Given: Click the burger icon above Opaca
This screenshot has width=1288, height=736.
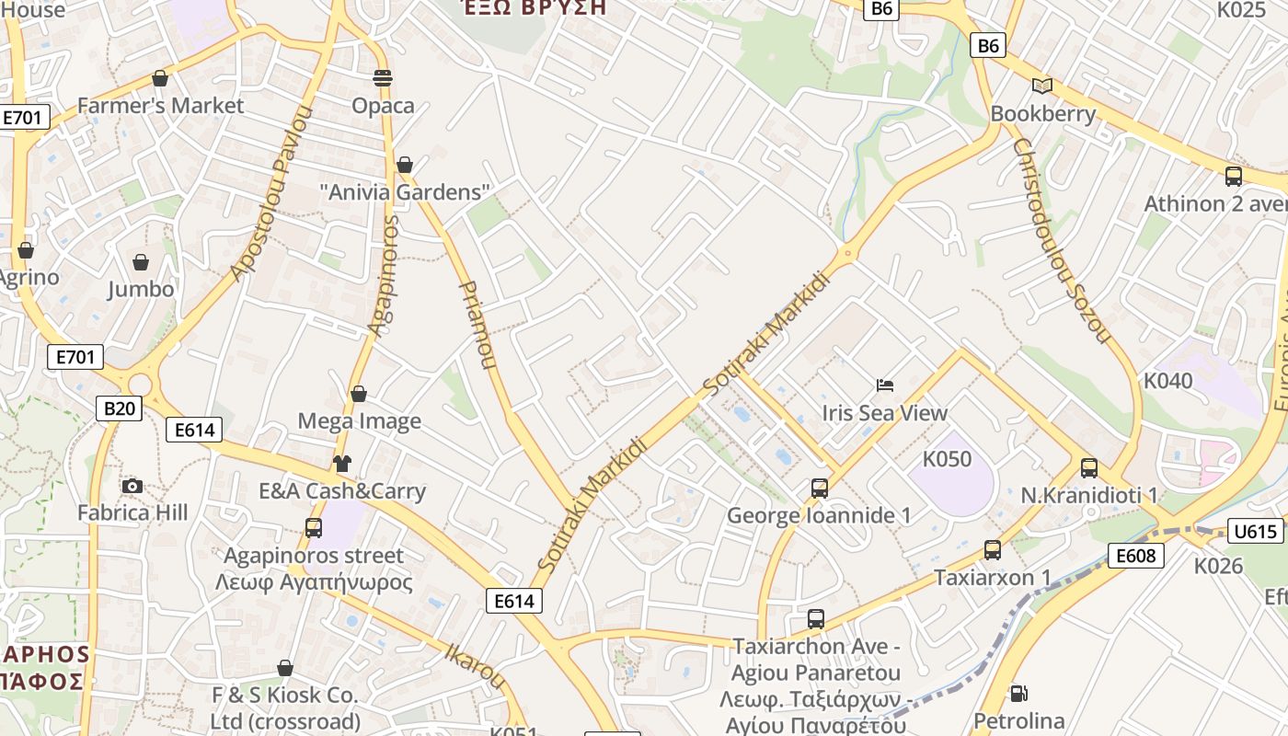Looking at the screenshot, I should [x=383, y=78].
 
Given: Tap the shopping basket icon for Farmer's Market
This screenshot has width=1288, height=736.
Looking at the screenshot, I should [x=160, y=79].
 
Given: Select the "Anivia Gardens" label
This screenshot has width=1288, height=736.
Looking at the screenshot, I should [x=405, y=192].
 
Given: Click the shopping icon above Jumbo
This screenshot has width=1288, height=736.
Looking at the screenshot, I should [x=141, y=263].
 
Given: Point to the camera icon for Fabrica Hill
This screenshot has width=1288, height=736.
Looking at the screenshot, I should [x=132, y=486].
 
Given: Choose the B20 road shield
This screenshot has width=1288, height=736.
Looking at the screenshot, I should [x=119, y=408].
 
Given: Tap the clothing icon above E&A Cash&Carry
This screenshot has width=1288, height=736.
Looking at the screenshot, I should [x=342, y=463].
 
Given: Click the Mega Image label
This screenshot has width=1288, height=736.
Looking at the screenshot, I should [x=359, y=421].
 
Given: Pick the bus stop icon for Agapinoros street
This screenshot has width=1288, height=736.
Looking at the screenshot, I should [x=314, y=528].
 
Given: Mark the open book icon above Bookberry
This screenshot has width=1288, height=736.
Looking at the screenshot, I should [x=1042, y=86].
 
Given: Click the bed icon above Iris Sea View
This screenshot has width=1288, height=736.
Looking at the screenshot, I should [x=885, y=385].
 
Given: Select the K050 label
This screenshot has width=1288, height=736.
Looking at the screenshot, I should [x=947, y=459].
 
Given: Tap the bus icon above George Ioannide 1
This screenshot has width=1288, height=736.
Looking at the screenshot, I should [x=819, y=488].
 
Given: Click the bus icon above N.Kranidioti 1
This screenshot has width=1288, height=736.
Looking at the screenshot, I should [x=1089, y=468].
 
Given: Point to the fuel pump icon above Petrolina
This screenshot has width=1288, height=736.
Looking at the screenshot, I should [x=1018, y=693].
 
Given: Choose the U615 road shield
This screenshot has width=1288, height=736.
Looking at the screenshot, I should [x=1255, y=531].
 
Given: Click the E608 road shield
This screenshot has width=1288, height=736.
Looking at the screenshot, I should [x=1136, y=555].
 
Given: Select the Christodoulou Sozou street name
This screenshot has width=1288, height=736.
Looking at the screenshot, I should [x=1061, y=241].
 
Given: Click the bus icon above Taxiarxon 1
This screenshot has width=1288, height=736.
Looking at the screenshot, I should [x=992, y=550].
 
